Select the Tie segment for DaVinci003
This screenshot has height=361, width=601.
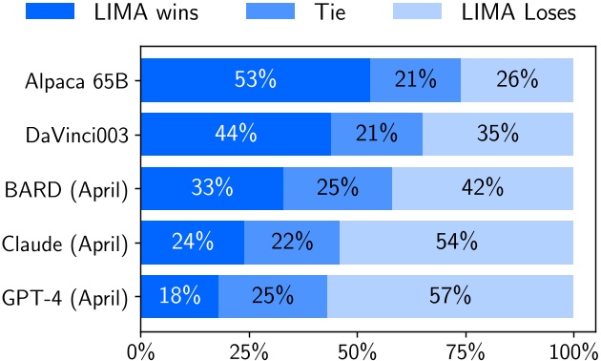click(377, 134)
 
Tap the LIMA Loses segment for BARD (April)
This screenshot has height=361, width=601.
click(483, 188)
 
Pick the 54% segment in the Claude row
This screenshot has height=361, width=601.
click(456, 243)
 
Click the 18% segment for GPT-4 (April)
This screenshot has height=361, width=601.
click(180, 296)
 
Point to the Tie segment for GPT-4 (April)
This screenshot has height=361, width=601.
click(273, 296)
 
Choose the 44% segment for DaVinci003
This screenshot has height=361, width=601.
click(236, 134)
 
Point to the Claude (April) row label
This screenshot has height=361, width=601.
click(67, 243)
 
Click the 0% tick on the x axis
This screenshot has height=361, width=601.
click(141, 348)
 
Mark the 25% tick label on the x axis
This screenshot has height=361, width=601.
click(249, 348)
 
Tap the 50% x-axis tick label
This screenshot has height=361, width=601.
click(357, 348)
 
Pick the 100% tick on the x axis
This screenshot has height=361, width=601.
click(573, 348)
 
